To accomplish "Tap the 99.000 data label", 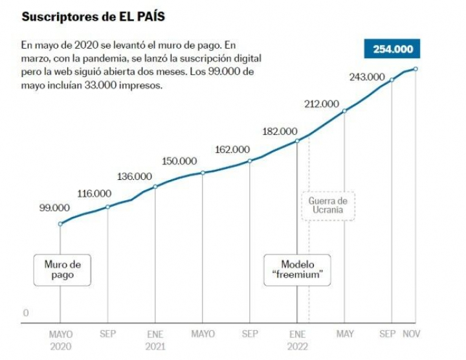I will (x=54, y=208).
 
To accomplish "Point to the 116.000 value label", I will (x=94, y=193).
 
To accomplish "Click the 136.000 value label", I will (x=135, y=176).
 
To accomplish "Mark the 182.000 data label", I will (x=280, y=131).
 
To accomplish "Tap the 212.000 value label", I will (x=321, y=104).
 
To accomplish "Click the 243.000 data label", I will (x=367, y=77).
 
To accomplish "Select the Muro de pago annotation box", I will (x=62, y=269).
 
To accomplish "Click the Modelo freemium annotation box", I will (x=297, y=269).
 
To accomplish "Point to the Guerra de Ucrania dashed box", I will (x=327, y=206).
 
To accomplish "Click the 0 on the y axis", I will (x=26, y=313).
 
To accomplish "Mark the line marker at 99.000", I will (x=61, y=224).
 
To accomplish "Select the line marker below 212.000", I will (x=344, y=111).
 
